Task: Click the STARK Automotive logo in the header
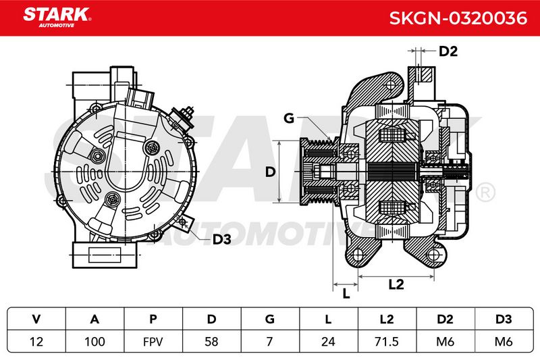pyautogui.click(x=57, y=18)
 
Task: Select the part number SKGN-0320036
pyautogui.click(x=458, y=18)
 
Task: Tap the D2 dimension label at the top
pyautogui.click(x=448, y=51)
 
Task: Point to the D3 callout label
pyautogui.click(x=221, y=239)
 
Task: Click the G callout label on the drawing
pyautogui.click(x=289, y=118)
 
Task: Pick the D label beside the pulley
pyautogui.click(x=271, y=172)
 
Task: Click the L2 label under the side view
pyautogui.click(x=396, y=284)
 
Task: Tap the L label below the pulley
pyautogui.click(x=346, y=294)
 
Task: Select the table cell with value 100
pyautogui.click(x=94, y=342)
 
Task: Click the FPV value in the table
pyautogui.click(x=153, y=342)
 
